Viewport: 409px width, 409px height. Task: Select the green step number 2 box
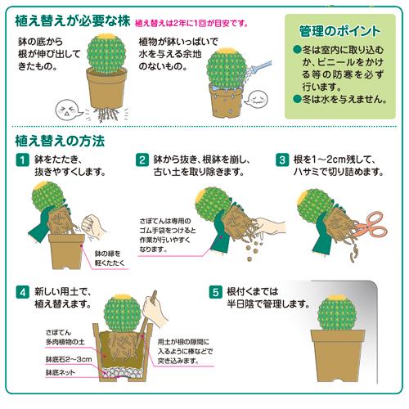point(142,160)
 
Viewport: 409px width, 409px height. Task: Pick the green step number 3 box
point(282,160)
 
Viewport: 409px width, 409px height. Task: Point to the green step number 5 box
point(216,291)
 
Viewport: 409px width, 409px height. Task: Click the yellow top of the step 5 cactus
point(335,298)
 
